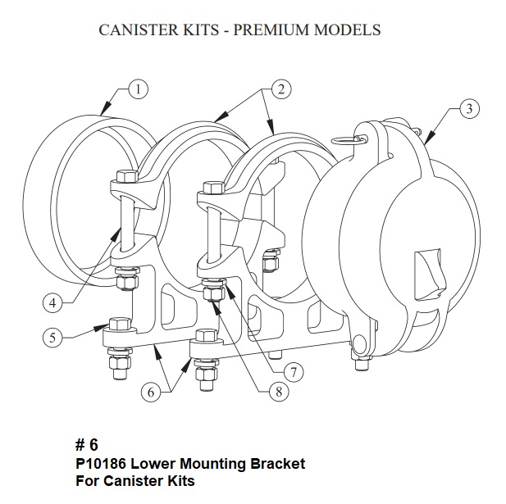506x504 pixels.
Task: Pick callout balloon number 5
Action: coord(52,337)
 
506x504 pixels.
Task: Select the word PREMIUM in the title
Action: coord(277,30)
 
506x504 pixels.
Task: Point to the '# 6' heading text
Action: coord(86,446)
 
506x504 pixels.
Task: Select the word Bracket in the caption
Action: coord(278,464)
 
